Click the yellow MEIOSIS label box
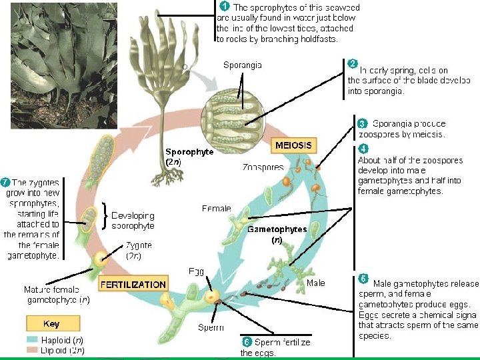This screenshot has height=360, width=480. (x=293, y=145)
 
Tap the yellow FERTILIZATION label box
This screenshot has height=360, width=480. (x=133, y=285)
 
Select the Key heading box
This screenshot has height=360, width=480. (x=51, y=324)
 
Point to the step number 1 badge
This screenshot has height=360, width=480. (x=225, y=6)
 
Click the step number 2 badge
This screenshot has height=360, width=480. (x=353, y=63)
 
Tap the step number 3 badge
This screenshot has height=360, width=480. (x=362, y=123)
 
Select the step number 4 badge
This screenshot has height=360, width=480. (x=363, y=148)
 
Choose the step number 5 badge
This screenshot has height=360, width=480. (x=363, y=277)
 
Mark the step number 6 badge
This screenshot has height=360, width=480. (x=246, y=342)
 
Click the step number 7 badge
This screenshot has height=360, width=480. (x=5, y=181)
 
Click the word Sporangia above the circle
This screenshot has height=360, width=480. (x=243, y=65)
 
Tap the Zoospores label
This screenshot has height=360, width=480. (x=263, y=167)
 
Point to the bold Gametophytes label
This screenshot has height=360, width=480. (x=277, y=229)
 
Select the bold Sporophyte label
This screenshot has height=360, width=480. (x=189, y=152)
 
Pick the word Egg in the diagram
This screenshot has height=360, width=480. (x=196, y=271)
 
